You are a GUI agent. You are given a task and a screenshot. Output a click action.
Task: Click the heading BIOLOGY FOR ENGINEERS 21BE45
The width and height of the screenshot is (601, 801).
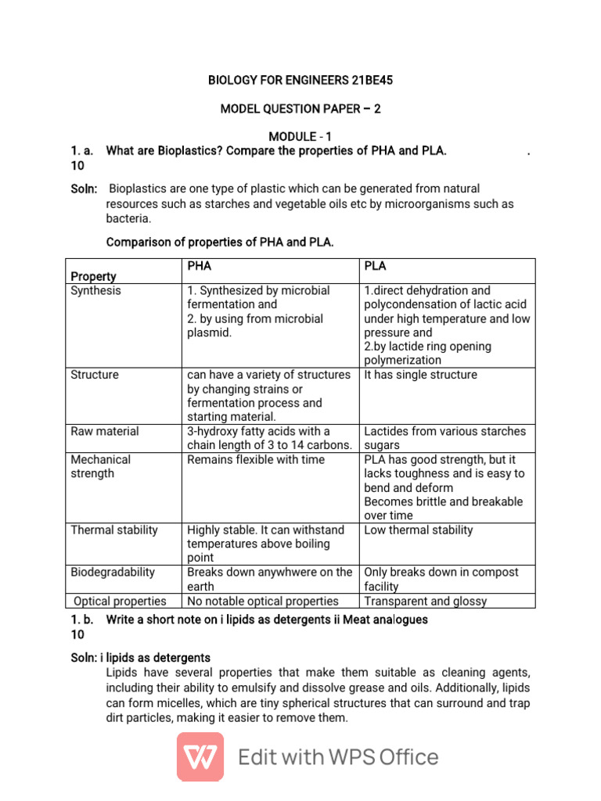(x=300, y=81)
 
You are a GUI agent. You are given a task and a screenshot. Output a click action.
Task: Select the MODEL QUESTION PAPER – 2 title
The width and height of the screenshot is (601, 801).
(x=300, y=109)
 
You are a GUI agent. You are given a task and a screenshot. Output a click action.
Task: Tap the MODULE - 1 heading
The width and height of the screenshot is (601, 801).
(x=300, y=137)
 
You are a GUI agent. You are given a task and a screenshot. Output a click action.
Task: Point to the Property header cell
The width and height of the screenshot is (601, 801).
(x=93, y=276)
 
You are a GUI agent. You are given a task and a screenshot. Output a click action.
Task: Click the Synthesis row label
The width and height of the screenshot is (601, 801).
(x=95, y=290)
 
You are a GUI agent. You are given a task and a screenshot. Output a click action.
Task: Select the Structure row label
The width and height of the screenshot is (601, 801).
(x=95, y=375)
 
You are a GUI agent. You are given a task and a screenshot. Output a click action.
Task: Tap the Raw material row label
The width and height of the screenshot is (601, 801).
(x=105, y=431)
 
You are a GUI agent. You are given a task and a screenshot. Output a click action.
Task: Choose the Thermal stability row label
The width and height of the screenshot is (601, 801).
(x=114, y=530)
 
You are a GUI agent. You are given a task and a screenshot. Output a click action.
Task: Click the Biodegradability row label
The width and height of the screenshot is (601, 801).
(x=113, y=572)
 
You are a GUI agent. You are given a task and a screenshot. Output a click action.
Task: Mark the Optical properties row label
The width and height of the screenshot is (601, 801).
(x=120, y=601)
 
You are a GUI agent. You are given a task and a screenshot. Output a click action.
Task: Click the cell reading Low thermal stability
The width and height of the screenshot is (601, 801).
(x=419, y=530)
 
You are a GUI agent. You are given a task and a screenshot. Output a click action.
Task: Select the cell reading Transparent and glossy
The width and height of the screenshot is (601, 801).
(x=425, y=601)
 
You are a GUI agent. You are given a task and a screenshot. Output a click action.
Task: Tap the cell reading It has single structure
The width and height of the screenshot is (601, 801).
(x=420, y=375)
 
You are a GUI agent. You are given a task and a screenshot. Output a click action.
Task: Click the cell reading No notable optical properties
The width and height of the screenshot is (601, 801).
(x=263, y=601)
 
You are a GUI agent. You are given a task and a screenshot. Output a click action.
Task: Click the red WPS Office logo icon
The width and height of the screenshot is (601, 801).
(x=200, y=756)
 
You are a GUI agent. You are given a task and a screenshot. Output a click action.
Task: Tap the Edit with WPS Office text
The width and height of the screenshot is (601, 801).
(x=338, y=757)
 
